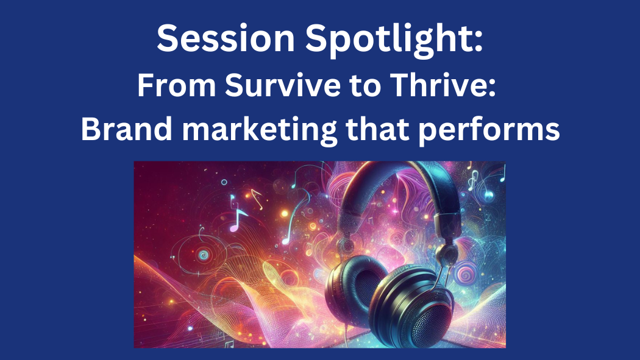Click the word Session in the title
(x=226, y=38)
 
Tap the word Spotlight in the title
(x=394, y=40)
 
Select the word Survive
(x=282, y=85)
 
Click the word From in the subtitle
(x=176, y=86)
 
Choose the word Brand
(x=127, y=129)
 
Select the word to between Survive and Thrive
(x=365, y=86)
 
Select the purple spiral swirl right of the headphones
(x=464, y=274)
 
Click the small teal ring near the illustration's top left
(x=224, y=182)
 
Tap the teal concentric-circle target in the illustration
(x=203, y=255)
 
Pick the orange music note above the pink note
(x=257, y=199)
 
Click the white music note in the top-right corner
(x=473, y=180)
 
